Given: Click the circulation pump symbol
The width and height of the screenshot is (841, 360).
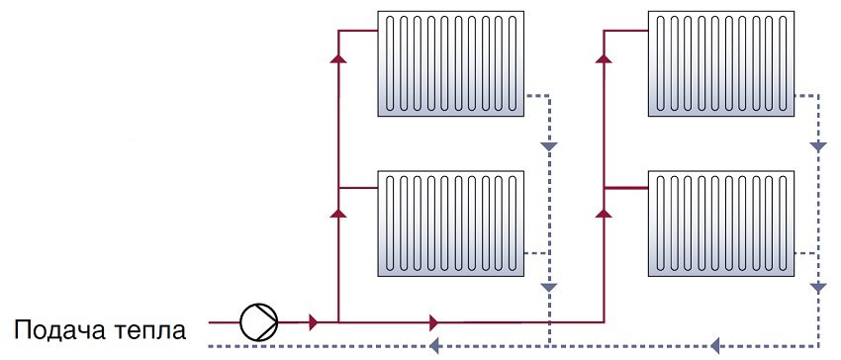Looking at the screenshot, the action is (259, 320).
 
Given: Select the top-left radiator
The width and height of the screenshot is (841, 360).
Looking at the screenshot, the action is (450, 63).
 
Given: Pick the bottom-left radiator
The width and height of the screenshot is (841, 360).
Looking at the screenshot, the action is (450, 223).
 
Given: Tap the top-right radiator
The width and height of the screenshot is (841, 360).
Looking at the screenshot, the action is (718, 63).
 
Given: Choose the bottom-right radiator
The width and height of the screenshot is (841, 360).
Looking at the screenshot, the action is (718, 223).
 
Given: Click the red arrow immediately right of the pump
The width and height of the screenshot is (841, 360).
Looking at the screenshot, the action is (313, 321).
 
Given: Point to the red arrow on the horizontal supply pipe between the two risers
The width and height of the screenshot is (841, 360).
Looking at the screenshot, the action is (433, 321).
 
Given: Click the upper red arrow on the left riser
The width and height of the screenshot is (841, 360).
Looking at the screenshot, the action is (338, 57).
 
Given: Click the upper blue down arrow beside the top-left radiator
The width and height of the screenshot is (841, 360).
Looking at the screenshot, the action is (549, 147).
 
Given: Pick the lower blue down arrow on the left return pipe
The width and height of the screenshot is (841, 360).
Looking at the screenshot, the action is (549, 287).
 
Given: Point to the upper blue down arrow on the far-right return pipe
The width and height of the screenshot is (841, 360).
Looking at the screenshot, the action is (817, 146).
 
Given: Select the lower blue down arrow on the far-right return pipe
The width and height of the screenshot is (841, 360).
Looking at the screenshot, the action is (817, 287).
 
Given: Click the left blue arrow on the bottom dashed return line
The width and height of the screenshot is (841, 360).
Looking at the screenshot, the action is (432, 346).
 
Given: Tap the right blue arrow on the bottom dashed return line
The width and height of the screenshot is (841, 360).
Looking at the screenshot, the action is (715, 346).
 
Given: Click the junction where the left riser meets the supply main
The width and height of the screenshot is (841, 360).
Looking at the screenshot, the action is (338, 321).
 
